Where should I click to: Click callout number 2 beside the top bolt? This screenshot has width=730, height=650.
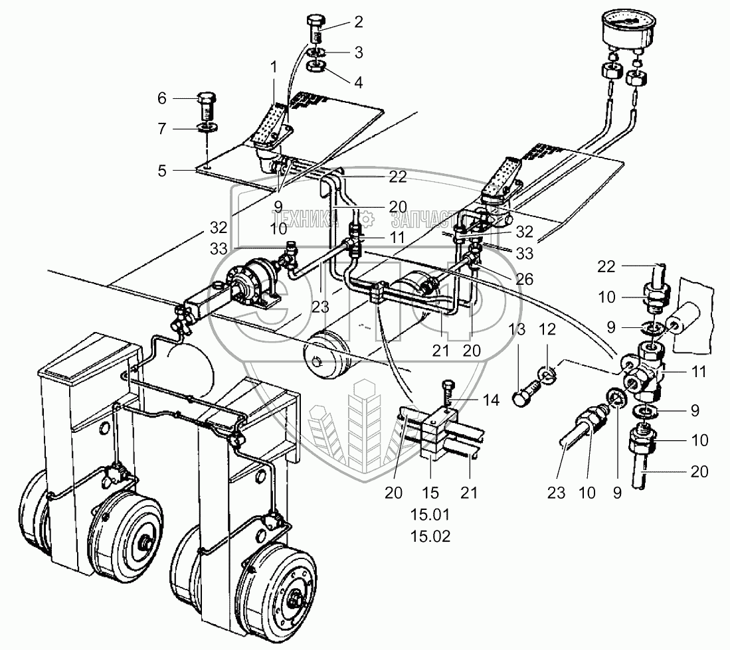click(x=359, y=23)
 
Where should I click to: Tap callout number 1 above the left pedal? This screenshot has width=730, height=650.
click(x=272, y=66)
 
